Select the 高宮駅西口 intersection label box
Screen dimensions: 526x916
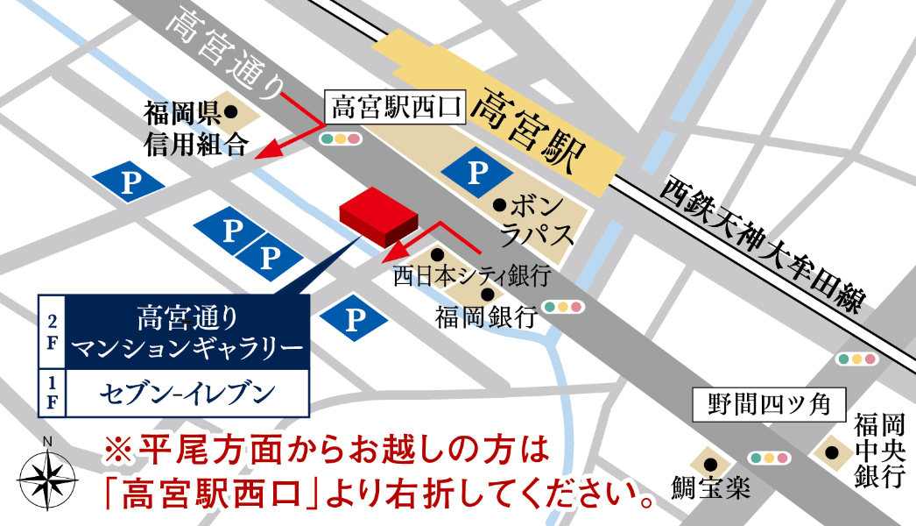click(396, 109)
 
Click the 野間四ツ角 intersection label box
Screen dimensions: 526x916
click(770, 405)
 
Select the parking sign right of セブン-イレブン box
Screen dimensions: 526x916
click(355, 320)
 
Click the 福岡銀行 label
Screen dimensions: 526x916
click(485, 316)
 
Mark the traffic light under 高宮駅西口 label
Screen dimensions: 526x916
click(341, 139)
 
